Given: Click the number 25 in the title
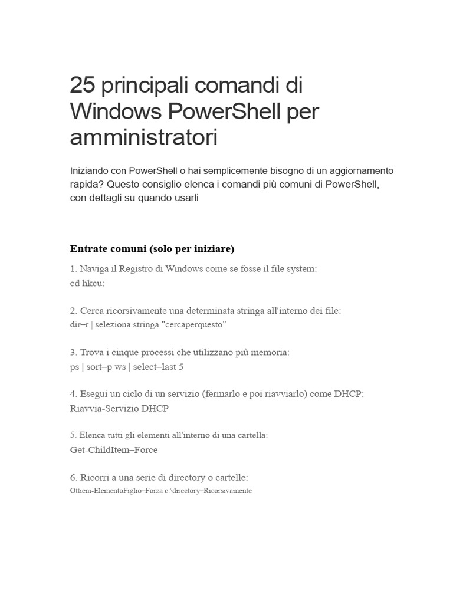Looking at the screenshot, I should click(x=83, y=86).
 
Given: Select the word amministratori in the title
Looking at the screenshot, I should click(x=143, y=137).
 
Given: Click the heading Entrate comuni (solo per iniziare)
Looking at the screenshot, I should click(x=152, y=248).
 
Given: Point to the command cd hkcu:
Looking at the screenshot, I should click(x=87, y=283).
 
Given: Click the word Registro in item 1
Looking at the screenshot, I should click(x=140, y=268).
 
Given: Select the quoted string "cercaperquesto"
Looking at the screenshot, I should click(x=198, y=325).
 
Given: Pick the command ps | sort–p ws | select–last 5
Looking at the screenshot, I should click(x=127, y=367).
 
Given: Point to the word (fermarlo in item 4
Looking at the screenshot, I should click(x=221, y=393).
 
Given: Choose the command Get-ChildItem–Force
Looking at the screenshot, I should click(x=114, y=450).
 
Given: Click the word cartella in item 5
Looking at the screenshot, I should click(x=249, y=435).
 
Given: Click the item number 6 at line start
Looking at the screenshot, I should click(x=73, y=477).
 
